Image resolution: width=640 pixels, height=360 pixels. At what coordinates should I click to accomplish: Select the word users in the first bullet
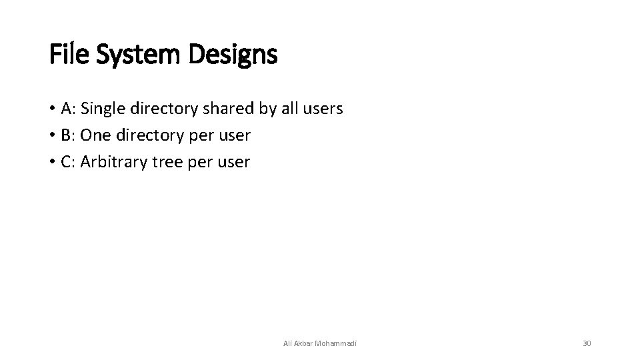(323, 109)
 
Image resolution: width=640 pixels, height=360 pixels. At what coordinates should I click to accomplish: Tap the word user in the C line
(233, 162)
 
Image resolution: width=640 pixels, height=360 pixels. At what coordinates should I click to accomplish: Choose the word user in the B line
(233, 135)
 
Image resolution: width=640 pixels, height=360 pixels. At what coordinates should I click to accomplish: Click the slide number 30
(587, 343)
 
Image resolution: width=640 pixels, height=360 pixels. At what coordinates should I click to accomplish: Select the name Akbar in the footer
(302, 343)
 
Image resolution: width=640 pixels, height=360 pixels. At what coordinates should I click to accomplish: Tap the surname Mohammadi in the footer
(335, 343)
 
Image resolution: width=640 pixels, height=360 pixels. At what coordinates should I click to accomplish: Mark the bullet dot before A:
(52, 109)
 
